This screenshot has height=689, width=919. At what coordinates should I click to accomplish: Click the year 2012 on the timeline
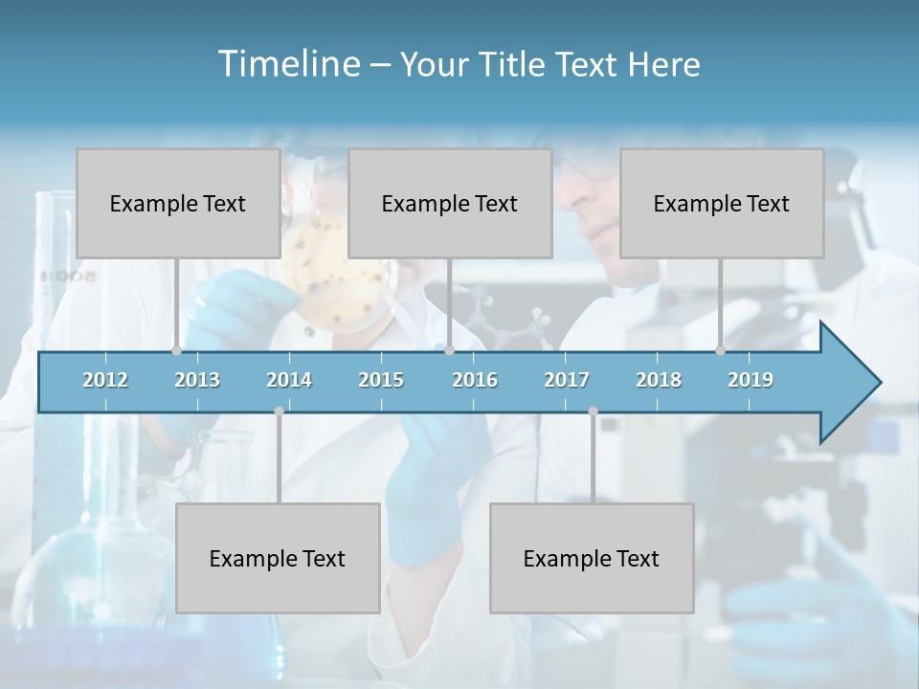click(105, 380)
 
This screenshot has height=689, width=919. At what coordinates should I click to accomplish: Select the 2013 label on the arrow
click(197, 380)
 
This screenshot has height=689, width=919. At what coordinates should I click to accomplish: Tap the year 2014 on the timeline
click(289, 380)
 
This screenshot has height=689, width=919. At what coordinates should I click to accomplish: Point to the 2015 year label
click(381, 380)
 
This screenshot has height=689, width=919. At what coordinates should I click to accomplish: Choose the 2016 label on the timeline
click(475, 380)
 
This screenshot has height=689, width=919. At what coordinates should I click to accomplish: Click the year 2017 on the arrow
click(567, 380)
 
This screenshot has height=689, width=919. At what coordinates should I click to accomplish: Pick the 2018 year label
click(659, 380)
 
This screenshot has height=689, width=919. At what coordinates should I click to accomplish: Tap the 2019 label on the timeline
click(751, 380)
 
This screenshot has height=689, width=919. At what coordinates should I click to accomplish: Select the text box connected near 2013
click(178, 203)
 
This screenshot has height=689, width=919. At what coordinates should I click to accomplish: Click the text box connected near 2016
click(450, 203)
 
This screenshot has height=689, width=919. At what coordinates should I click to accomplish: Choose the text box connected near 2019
click(722, 203)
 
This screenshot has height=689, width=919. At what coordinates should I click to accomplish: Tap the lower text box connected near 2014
click(278, 558)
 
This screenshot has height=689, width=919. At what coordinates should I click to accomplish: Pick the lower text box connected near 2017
click(592, 558)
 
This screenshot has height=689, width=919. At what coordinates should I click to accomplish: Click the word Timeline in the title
click(287, 64)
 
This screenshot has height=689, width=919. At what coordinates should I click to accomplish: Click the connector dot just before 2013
click(176, 351)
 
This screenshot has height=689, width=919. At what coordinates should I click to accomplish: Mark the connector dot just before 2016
click(449, 351)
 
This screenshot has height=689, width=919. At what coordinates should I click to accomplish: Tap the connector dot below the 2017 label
click(593, 411)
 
